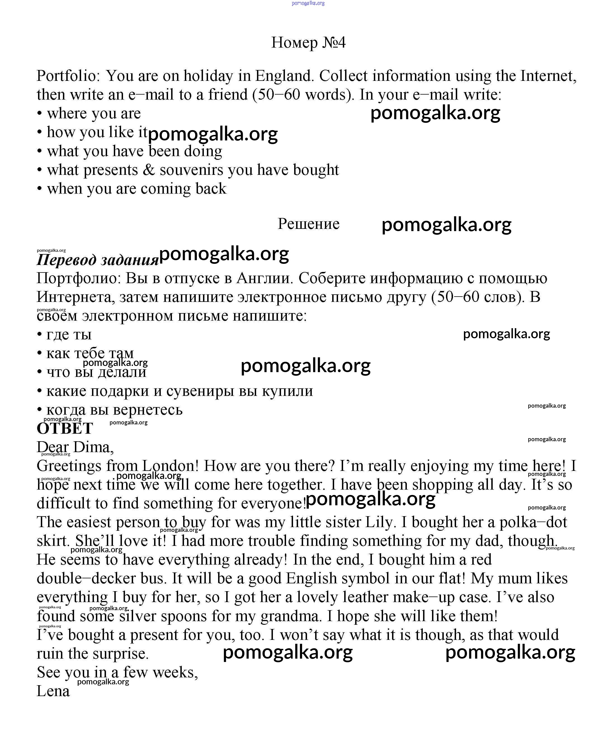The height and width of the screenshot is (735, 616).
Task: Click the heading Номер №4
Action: click(x=308, y=43)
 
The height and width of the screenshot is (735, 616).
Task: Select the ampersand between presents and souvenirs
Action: click(x=149, y=170)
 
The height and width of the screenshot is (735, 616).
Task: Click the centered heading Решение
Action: click(x=308, y=224)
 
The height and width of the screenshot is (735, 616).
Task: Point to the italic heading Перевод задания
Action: click(x=98, y=260)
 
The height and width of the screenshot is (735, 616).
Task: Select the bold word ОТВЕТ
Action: click(x=65, y=428)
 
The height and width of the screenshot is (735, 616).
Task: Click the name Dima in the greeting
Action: click(x=93, y=447)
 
